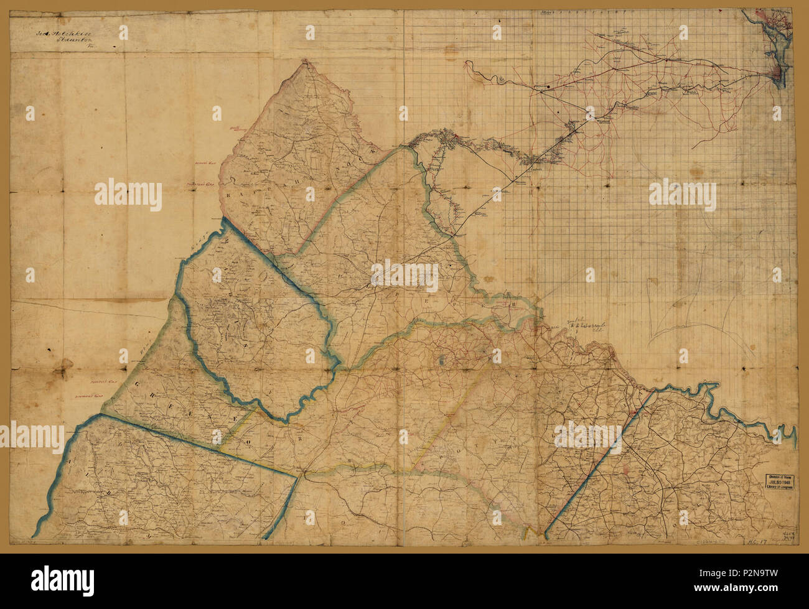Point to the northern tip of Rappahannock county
point(305,60)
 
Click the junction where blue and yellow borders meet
point(302,476)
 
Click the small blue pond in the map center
point(441,360)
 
